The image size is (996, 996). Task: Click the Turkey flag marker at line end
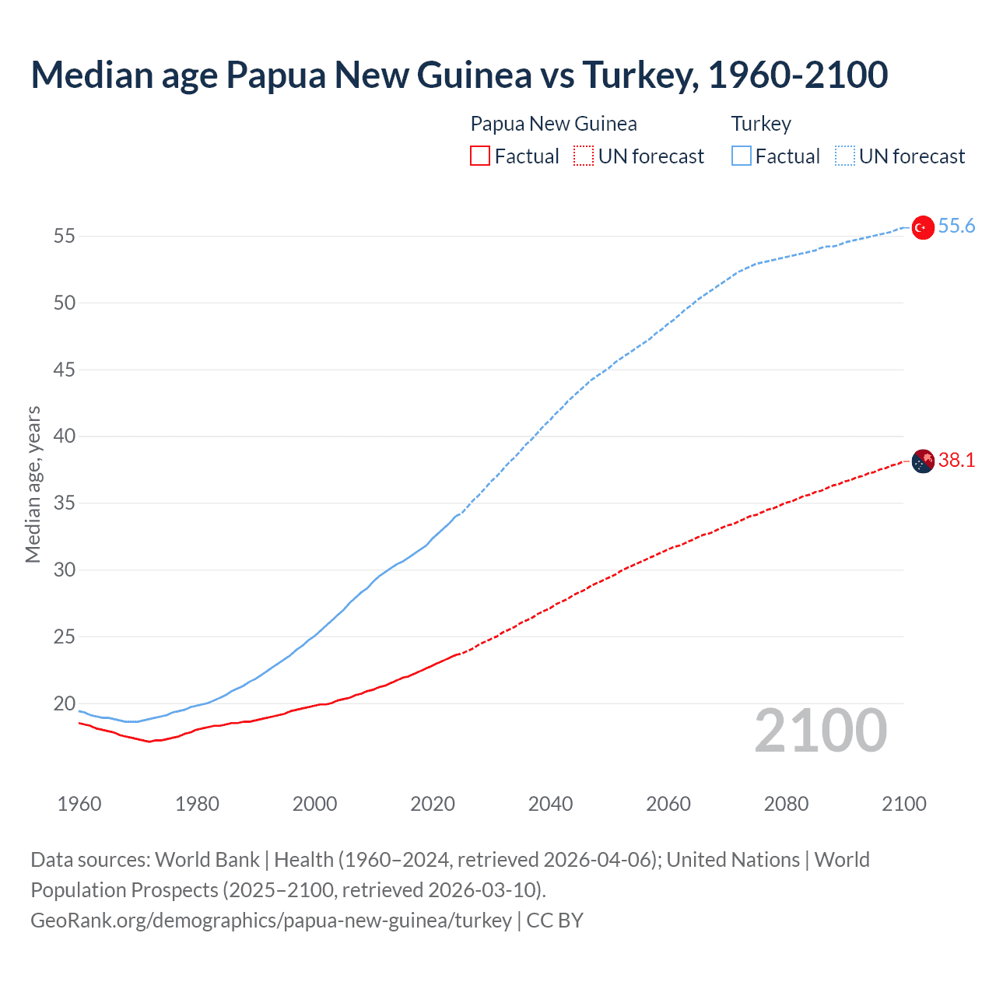922,227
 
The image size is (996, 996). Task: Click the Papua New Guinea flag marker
922,461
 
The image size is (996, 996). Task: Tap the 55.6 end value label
956,226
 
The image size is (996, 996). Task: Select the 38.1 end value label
956,461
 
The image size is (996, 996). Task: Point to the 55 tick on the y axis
64,236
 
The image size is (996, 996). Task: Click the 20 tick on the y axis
64,703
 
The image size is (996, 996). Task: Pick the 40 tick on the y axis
64,436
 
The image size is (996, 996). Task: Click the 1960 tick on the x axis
79,804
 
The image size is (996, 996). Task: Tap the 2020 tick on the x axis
433,804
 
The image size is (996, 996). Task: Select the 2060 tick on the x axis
668,804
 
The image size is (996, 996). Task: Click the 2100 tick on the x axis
904,804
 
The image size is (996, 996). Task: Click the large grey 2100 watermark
821,730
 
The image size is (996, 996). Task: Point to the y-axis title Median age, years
33,484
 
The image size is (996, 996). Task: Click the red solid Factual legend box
480,156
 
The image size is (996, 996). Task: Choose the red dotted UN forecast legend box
584,156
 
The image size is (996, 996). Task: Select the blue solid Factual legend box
742,156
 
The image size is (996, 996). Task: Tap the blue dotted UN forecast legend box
845,156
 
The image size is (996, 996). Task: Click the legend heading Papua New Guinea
553,124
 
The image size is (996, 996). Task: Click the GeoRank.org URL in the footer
271,921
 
